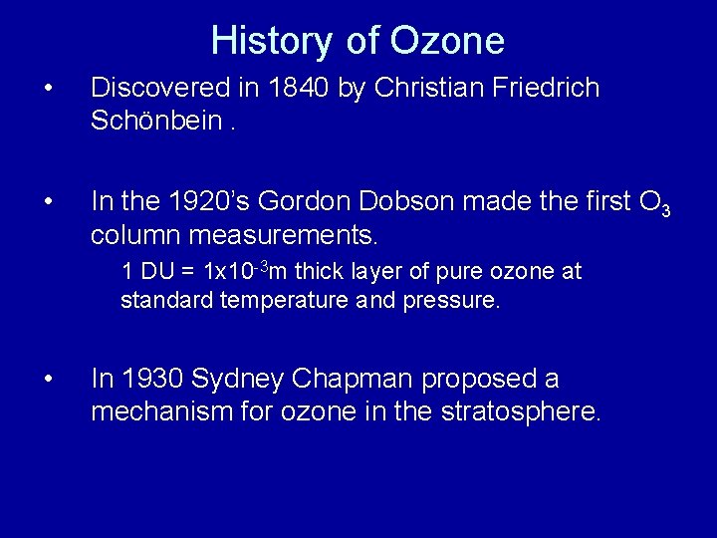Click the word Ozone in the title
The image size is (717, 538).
tap(447, 41)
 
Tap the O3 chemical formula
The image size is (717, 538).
tap(652, 204)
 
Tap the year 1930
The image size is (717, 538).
tap(150, 380)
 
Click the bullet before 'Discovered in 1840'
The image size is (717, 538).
tap(49, 89)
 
